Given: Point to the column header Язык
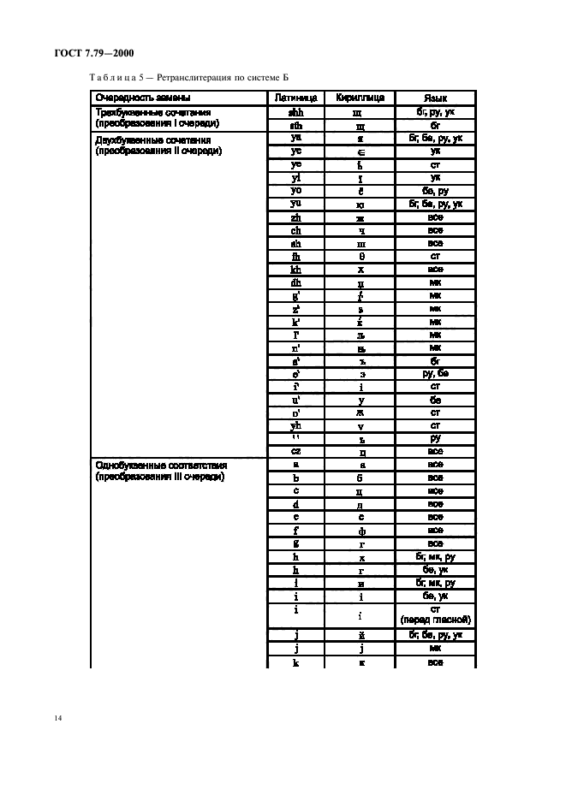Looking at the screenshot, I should (x=436, y=98).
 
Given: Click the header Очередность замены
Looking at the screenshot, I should (x=142, y=98).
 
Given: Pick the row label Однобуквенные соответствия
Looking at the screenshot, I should (x=161, y=466).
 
